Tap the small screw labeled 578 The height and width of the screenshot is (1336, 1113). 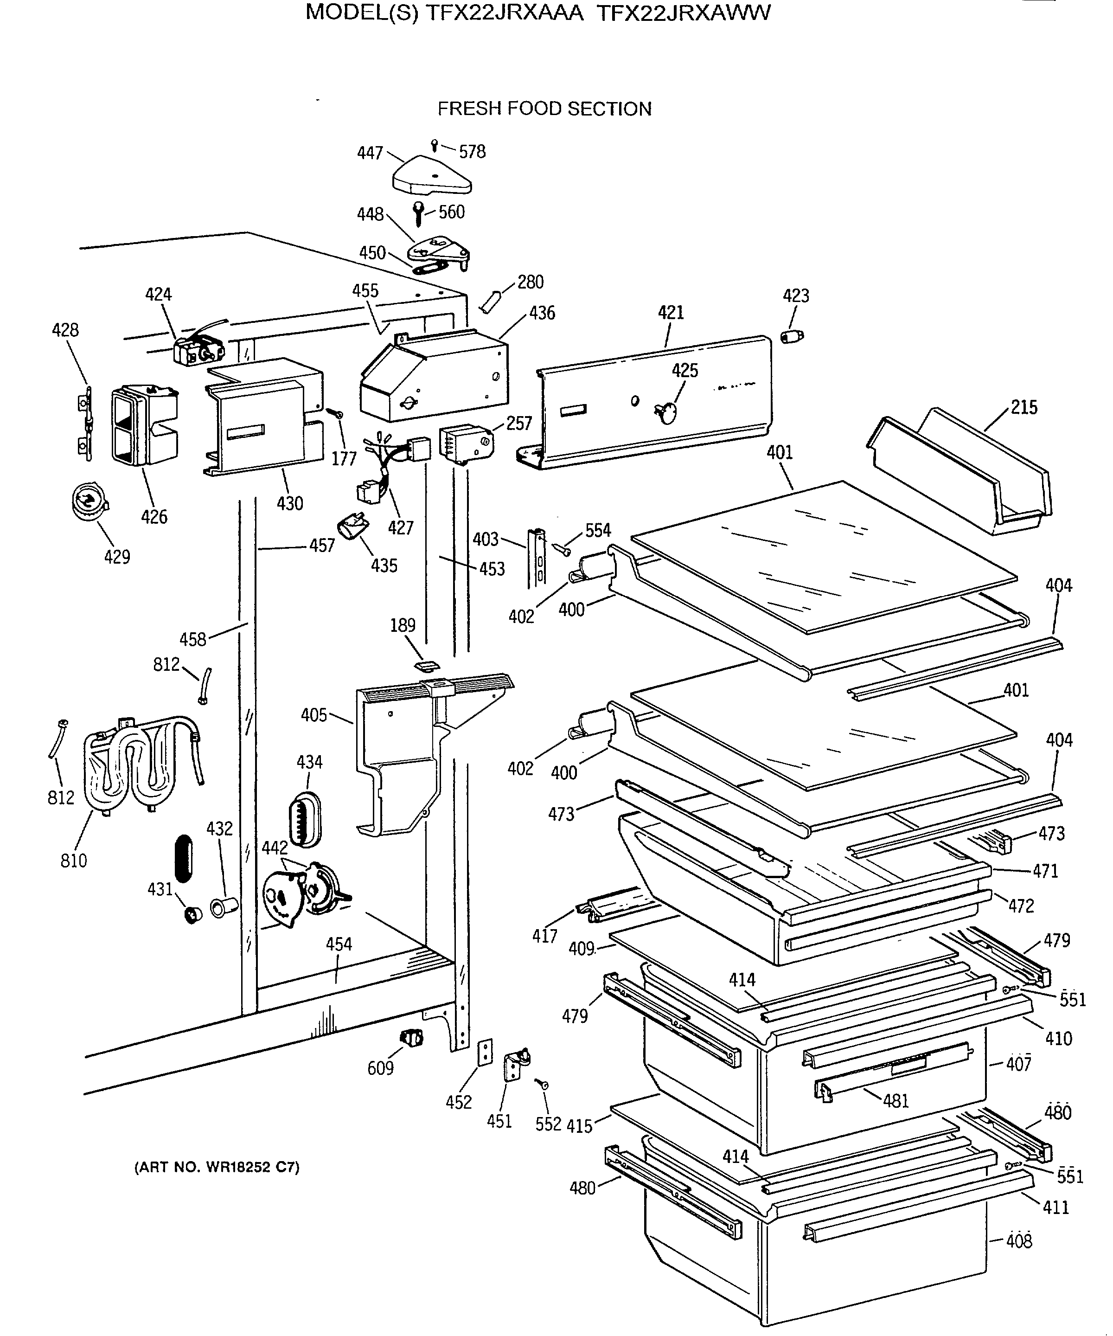click(434, 145)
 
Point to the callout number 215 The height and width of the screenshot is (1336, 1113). click(1024, 407)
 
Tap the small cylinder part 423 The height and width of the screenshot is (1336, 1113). click(792, 336)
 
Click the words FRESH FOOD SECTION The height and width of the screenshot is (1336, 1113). click(544, 109)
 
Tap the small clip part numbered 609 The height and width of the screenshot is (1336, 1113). click(411, 1038)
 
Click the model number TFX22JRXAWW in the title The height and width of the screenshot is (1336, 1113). click(684, 12)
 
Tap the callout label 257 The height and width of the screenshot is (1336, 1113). click(519, 424)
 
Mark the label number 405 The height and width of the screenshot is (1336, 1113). click(314, 715)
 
